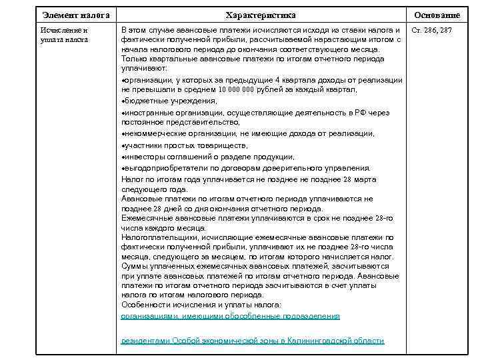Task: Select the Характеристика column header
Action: tap(261, 15)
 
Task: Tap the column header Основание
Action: tap(437, 15)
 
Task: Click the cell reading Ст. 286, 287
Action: tap(432, 31)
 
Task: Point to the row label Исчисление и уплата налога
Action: tap(65, 35)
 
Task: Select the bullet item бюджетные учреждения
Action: tap(170, 101)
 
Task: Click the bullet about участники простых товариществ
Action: tap(185, 145)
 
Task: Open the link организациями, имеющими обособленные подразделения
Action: tap(230, 315)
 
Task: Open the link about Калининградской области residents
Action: tap(252, 341)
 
